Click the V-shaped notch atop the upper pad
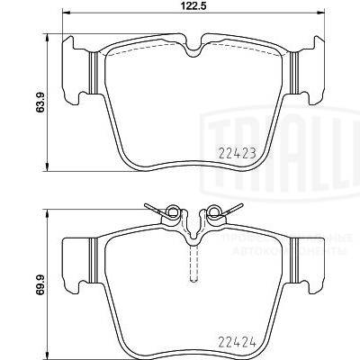click(x=193, y=49)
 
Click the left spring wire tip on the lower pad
click(x=147, y=206)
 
